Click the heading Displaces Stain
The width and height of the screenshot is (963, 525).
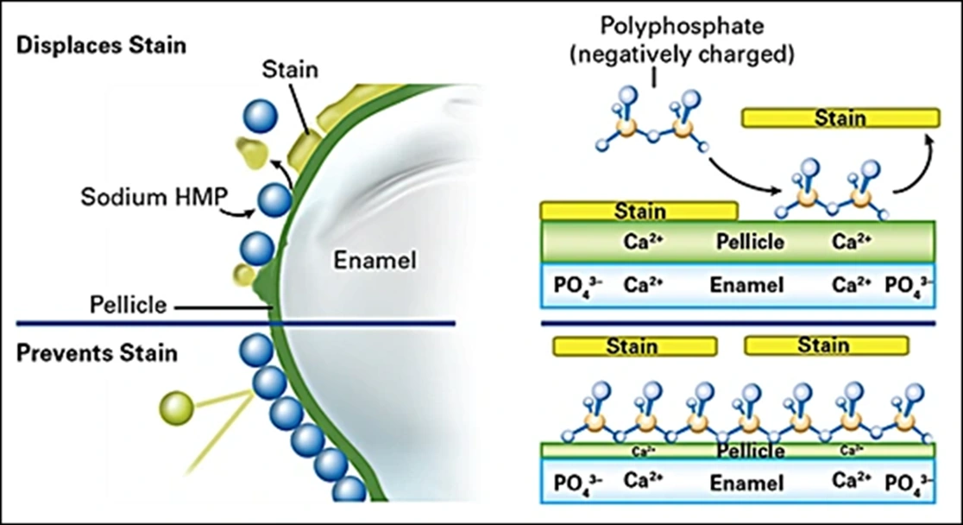tap(101, 46)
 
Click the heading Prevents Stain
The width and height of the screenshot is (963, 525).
tap(97, 353)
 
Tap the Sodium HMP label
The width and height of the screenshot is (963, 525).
tap(154, 197)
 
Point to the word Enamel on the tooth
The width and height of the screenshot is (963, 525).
tap(374, 260)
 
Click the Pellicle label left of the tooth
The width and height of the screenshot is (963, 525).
tap(129, 305)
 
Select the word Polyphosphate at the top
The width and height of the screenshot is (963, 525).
tap(682, 26)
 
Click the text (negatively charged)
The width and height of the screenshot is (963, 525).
tap(682, 54)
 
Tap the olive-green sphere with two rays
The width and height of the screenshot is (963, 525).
tap(177, 408)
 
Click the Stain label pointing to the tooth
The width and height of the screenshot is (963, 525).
tap(290, 69)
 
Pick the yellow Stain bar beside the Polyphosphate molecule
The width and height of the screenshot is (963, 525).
tap(840, 117)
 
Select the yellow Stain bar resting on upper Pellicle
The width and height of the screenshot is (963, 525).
tap(639, 211)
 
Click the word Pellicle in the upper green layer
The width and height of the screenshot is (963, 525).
tap(750, 242)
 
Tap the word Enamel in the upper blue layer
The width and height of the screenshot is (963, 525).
tap(746, 285)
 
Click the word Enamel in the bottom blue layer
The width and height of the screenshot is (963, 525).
tap(746, 484)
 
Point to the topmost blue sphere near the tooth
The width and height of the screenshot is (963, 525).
tap(261, 116)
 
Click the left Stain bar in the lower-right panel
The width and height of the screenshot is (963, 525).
tap(634, 346)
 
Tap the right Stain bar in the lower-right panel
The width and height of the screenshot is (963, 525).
tap(826, 345)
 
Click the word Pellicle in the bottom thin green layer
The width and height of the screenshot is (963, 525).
tap(751, 452)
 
